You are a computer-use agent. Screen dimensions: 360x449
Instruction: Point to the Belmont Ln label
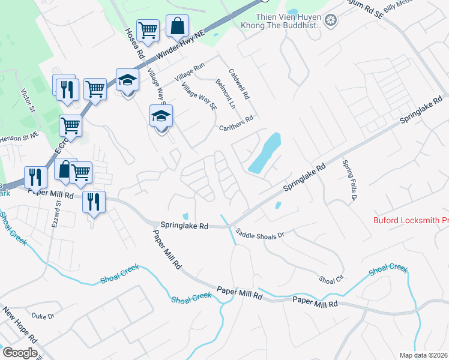pos(226,94)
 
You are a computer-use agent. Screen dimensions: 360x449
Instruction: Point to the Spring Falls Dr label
pos(350,180)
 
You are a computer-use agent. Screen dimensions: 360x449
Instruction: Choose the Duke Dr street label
pos(43,316)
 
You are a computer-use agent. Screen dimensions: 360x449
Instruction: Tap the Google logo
pos(19,352)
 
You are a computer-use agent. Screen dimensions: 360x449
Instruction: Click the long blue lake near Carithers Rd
pos(265,152)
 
